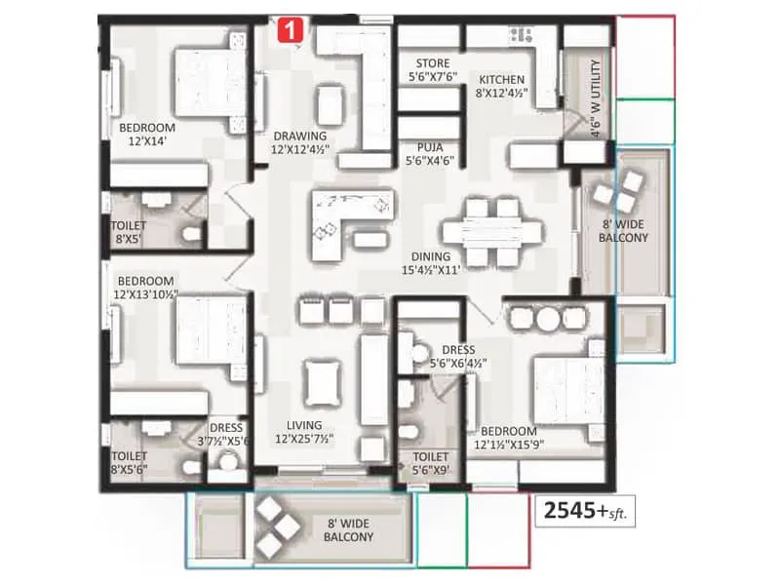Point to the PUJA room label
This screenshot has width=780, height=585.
430,152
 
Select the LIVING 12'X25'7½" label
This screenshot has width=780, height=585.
304,432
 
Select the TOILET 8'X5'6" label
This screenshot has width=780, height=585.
128,462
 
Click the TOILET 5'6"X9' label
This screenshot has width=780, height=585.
430,463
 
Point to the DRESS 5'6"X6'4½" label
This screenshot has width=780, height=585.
457,356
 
